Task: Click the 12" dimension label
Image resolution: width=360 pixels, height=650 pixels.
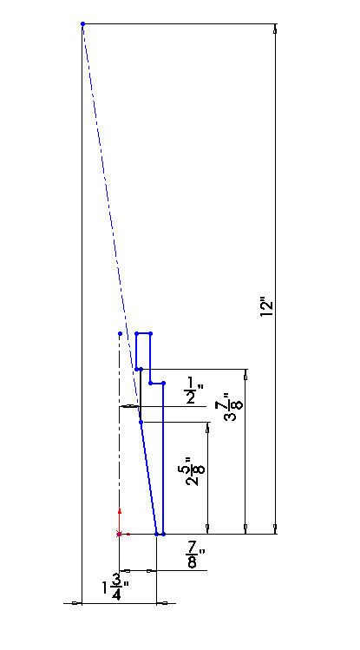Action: click(268, 308)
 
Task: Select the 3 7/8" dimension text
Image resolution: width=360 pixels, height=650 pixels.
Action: click(232, 407)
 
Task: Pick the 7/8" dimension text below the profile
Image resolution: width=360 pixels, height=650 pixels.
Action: click(195, 558)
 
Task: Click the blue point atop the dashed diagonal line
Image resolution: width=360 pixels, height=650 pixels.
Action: click(83, 24)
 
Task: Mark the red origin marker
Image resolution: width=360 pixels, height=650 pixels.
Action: click(120, 534)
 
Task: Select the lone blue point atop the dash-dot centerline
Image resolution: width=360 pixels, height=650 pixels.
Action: click(120, 333)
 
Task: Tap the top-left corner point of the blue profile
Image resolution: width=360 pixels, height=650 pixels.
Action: click(136, 333)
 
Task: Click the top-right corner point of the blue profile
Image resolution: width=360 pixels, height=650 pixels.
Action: click(150, 333)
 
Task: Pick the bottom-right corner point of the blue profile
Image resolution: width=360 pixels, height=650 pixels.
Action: click(164, 534)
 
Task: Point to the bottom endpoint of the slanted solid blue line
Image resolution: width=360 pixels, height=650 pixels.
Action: click(157, 534)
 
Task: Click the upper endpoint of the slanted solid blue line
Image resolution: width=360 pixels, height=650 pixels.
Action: click(141, 422)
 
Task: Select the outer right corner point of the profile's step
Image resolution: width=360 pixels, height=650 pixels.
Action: click(164, 383)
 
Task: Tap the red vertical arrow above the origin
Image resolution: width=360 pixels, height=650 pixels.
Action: click(120, 520)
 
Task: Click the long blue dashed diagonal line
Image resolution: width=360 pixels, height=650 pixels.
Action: click(111, 223)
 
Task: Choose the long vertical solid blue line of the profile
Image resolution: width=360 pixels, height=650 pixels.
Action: click(164, 458)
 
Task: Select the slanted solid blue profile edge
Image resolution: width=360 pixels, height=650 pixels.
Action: click(148, 478)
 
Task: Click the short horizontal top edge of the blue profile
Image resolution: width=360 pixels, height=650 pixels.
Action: click(143, 333)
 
